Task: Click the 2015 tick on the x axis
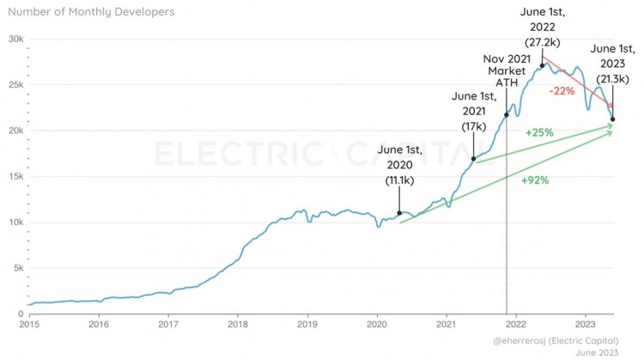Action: (29, 325)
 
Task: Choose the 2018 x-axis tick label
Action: (238, 325)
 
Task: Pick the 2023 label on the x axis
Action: (586, 325)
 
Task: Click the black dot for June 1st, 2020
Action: (399, 213)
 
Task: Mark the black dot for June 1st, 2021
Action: (474, 159)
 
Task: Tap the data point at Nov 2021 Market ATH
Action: (507, 115)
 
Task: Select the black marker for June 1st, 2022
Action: (543, 65)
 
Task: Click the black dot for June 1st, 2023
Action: (612, 119)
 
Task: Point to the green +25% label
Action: (538, 134)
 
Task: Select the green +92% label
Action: (535, 181)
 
